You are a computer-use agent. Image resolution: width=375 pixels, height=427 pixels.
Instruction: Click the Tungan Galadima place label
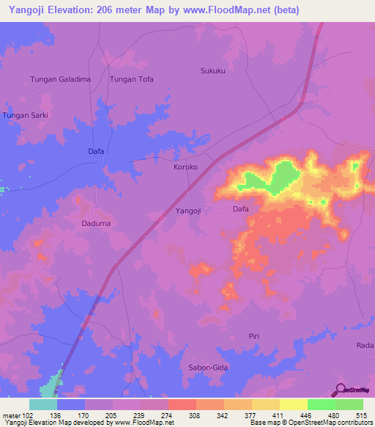[x=59, y=79]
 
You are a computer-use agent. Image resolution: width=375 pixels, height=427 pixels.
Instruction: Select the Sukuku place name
[x=213, y=71]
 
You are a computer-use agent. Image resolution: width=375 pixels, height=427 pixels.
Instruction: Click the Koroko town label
[x=185, y=167]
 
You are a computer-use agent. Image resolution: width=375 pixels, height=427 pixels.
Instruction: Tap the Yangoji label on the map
[x=188, y=211]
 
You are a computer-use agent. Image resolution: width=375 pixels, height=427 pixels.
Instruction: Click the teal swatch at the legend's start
[x=43, y=404]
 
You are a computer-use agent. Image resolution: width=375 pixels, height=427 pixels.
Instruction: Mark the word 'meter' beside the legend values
[x=10, y=415]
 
